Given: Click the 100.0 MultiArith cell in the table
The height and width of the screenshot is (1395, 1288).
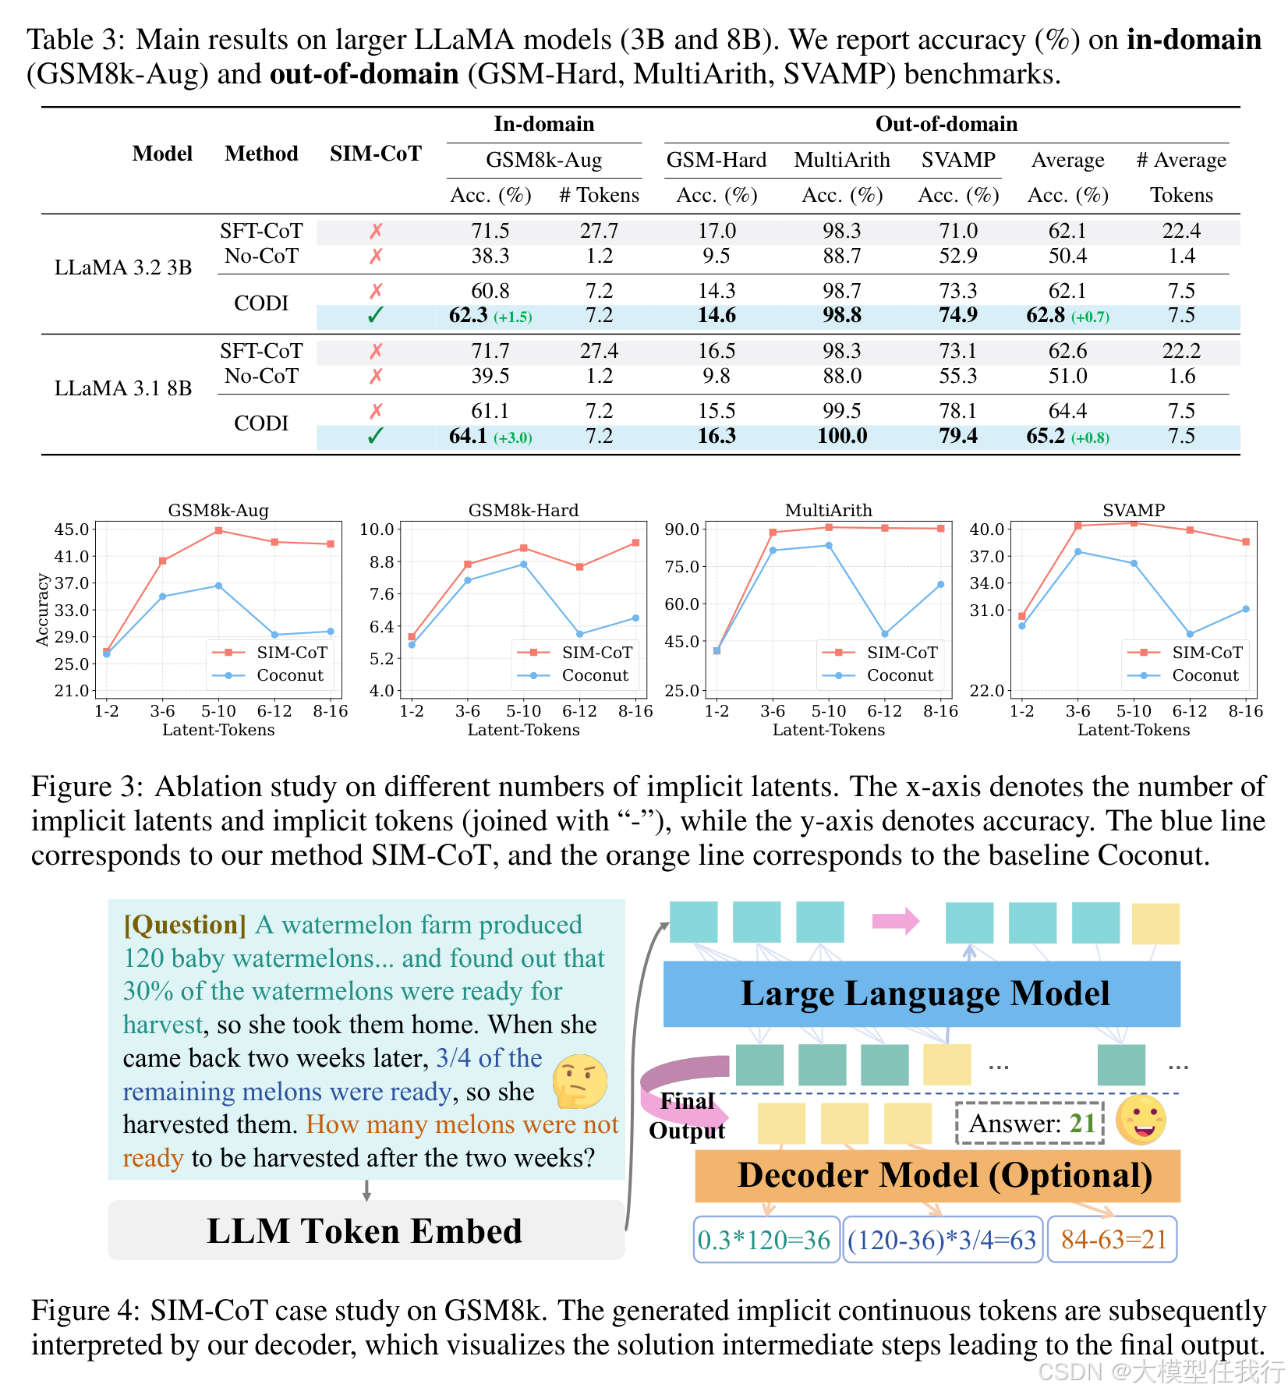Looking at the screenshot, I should coord(842,436).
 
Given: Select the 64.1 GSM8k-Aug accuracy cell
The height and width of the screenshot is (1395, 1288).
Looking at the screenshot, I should coord(469,436).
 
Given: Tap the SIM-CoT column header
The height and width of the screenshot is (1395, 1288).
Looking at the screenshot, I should coord(375,154).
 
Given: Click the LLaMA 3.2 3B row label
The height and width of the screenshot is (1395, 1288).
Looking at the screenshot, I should coord(123,267).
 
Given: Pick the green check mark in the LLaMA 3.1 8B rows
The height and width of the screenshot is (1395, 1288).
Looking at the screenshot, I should coord(375,436).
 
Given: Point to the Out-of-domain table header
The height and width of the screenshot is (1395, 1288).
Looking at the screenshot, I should coord(946,124).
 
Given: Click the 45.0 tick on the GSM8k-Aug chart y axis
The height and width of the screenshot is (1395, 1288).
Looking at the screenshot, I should coord(73,529).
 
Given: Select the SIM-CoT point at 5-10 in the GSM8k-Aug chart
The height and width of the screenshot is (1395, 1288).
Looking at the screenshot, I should coord(218,531).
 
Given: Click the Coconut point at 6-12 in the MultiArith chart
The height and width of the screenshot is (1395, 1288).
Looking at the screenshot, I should coord(884,634).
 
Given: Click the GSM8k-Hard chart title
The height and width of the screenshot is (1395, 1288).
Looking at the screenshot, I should coord(523,510).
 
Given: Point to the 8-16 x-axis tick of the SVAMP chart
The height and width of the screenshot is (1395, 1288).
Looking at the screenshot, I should coord(1245,711).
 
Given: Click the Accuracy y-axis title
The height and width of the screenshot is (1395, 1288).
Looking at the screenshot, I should coord(42,610).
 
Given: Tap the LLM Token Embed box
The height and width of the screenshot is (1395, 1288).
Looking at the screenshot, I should coord(365,1230).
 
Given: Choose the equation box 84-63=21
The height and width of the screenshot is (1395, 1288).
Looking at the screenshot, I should coord(1113,1239).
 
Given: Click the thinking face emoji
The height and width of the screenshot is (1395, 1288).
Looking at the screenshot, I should coord(579,1082).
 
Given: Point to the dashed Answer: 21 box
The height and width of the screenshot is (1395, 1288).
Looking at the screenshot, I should coord(1030,1124).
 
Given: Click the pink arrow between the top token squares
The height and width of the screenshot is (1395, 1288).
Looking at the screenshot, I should coord(895,921).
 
